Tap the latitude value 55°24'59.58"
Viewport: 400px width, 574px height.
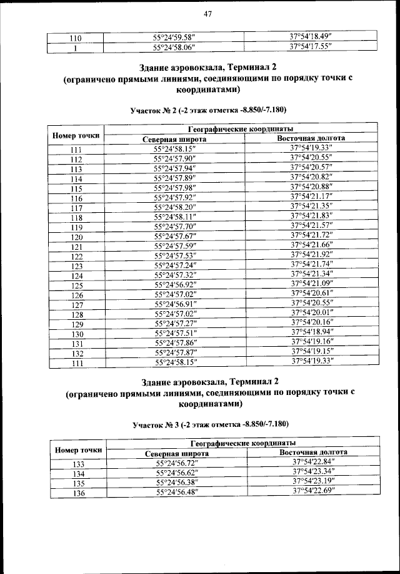pos(174,37)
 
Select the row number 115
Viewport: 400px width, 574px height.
pos(77,189)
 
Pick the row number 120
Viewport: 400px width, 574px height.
pos(77,237)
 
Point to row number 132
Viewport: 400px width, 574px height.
pos(77,354)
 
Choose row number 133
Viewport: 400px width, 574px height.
pos(78,464)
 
